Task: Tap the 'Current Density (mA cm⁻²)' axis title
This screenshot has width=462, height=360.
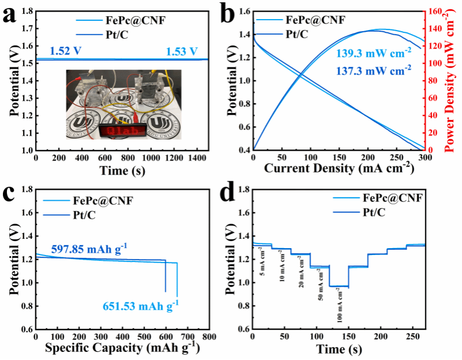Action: [340, 168]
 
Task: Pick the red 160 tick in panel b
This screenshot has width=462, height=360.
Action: [434, 12]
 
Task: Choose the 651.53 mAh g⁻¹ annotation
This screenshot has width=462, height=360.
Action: [141, 305]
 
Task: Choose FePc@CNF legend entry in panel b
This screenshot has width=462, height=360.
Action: [315, 20]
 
